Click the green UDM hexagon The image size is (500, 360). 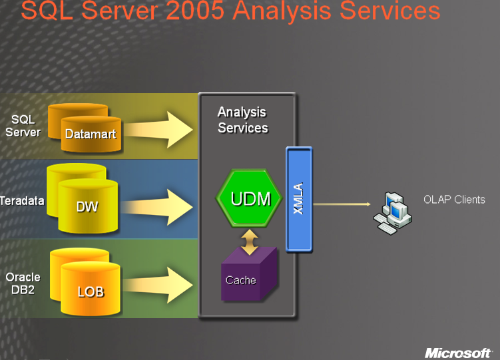tap(249, 198)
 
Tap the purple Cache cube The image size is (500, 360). tap(249, 275)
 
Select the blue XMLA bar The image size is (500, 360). tap(299, 200)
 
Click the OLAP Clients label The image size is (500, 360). tap(454, 200)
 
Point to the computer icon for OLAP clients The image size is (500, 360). tap(393, 213)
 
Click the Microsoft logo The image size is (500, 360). tap(458, 353)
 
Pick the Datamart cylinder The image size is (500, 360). tap(91, 134)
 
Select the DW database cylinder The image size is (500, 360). tap(88, 206)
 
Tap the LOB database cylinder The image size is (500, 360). tap(91, 289)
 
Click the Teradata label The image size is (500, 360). tap(22, 201)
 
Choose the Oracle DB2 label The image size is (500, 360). tap(23, 283)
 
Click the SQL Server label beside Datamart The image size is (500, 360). tap(23, 126)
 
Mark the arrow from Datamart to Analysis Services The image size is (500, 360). tap(158, 130)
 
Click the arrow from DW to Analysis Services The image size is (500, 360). tap(157, 207)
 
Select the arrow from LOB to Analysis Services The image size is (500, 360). tap(158, 285)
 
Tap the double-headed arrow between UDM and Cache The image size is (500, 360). tap(250, 242)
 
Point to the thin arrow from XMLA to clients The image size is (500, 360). tap(342, 204)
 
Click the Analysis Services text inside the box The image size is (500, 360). tap(242, 120)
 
